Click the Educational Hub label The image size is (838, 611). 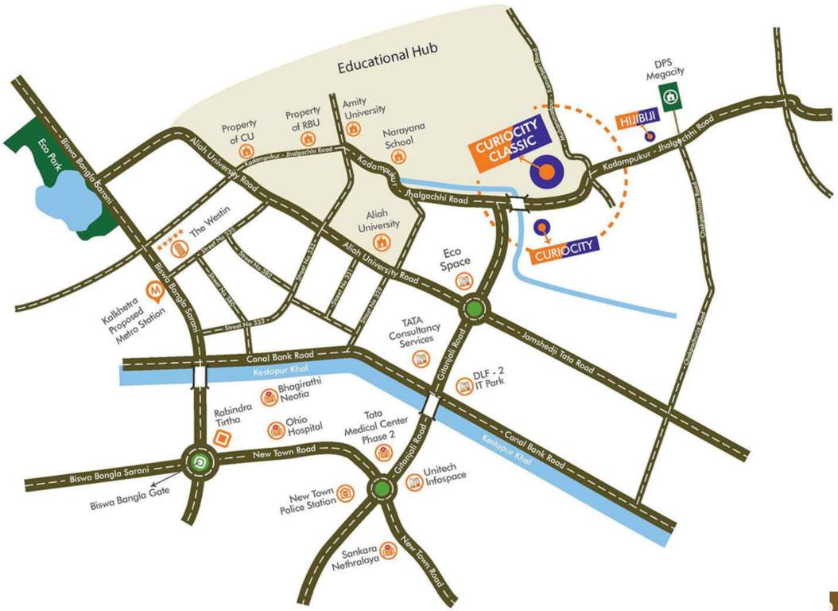click(x=388, y=68)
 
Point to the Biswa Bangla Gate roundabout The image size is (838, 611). click(x=200, y=462)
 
